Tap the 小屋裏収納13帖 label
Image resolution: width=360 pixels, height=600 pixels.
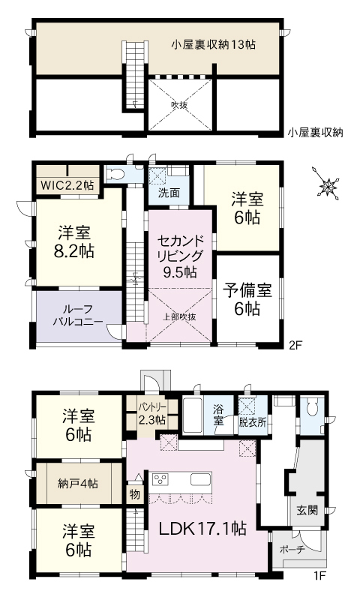213,45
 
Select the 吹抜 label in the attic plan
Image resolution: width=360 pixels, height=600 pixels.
178,105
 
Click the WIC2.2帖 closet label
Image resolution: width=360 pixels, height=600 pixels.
67,184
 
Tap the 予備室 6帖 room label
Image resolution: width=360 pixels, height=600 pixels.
247,298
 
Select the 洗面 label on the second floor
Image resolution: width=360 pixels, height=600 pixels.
169,192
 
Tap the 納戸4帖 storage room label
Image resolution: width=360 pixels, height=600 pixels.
78,483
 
